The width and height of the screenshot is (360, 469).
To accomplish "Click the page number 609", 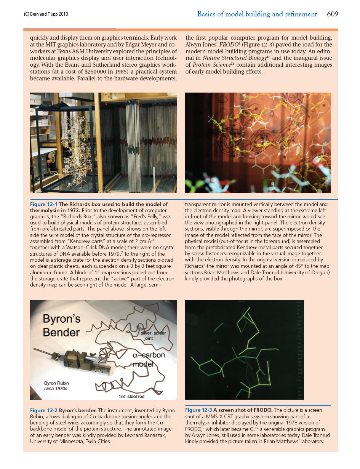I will click(332, 14).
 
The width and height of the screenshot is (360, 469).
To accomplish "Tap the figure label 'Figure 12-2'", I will click(44, 410).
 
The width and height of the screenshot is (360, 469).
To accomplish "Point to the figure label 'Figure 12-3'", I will click(198, 410).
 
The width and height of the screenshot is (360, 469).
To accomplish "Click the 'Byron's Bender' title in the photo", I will click(61, 326).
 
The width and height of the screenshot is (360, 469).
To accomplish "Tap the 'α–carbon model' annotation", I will click(149, 360).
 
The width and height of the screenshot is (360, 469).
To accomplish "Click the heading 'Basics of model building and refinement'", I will click(257, 14).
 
